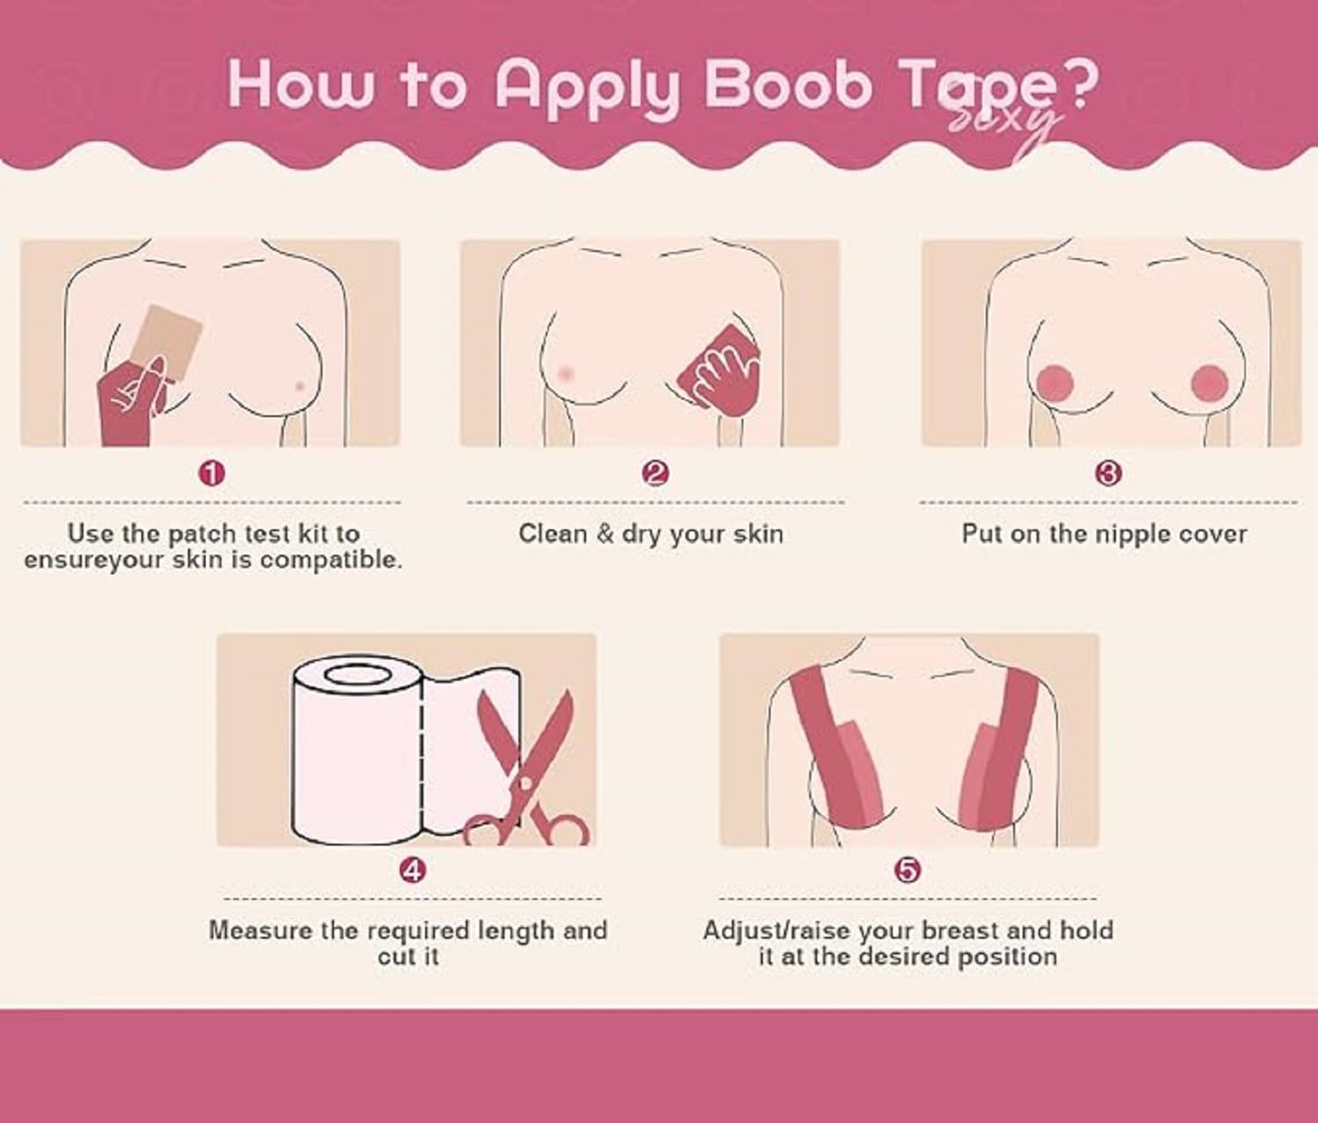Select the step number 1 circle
[212, 473]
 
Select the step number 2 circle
[655, 473]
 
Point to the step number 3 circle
[1108, 473]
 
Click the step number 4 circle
[412, 870]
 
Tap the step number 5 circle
[908, 870]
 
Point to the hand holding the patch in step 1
[132, 401]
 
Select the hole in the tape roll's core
[357, 673]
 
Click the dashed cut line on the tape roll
[422, 759]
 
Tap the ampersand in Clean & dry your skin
[605, 534]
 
